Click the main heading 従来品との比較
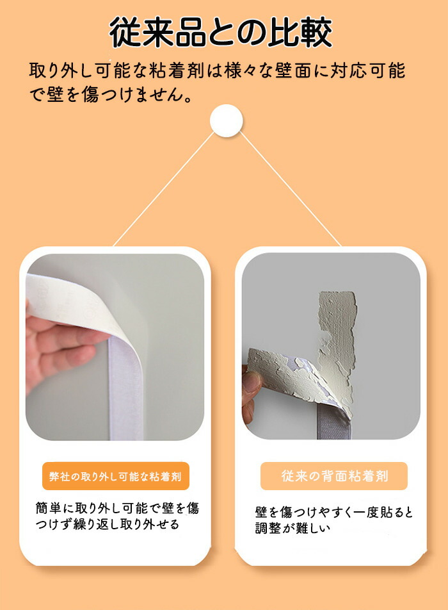[221, 32]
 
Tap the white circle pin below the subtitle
[226, 120]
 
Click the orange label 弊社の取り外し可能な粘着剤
[115, 476]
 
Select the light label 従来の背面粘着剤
[334, 476]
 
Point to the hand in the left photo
[54, 346]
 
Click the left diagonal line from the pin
[163, 190]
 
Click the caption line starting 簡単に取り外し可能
[117, 507]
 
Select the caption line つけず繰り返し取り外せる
[108, 524]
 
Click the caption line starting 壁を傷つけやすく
[334, 512]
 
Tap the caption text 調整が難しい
[292, 528]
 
